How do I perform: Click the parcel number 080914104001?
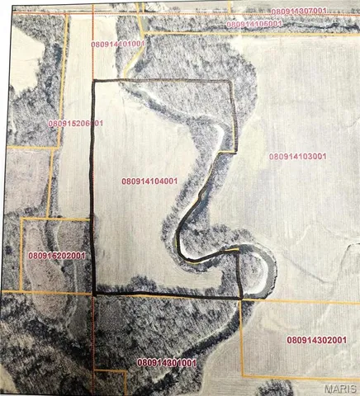tap(149, 181)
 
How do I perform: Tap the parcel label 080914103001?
tap(298, 156)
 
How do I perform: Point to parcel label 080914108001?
tap(254, 24)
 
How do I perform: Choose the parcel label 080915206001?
tap(75, 123)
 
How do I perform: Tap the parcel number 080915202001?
tap(55, 257)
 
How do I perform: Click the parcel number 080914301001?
tap(166, 362)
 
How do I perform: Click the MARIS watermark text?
tap(340, 388)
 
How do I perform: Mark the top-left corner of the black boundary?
tap(91, 81)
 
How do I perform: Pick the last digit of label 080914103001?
tap(324, 156)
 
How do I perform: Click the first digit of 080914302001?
tap(290, 339)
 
